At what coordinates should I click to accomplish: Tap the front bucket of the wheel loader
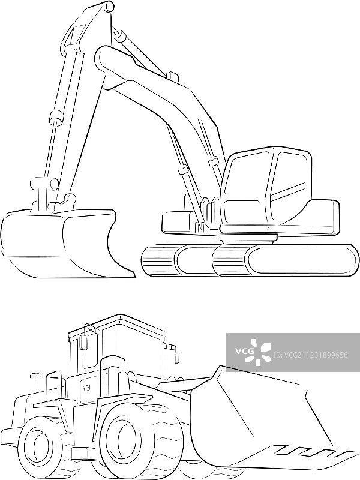pos(269,419)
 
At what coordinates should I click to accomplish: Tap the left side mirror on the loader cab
pos(83,342)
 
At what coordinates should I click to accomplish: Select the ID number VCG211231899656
pos(311,355)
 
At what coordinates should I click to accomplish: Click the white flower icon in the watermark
pos(261,352)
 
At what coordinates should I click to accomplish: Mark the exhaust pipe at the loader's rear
pos(37,382)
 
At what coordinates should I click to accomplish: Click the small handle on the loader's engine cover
pos(86,388)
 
